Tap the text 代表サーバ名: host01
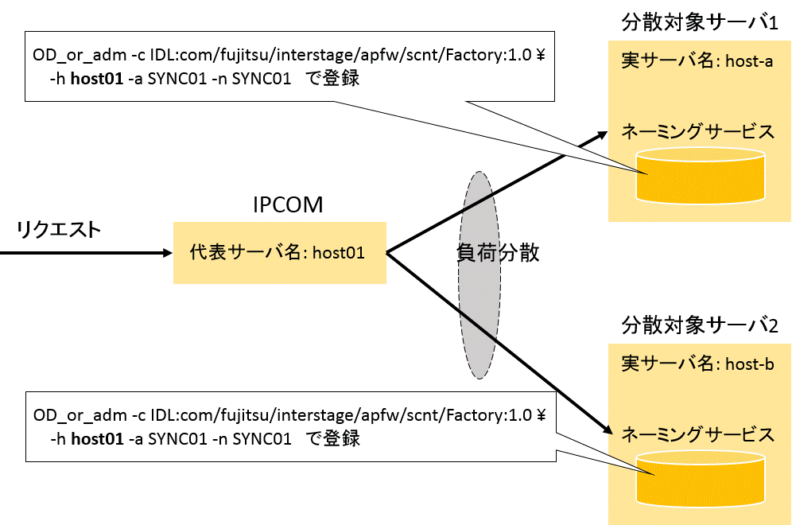pos(278,253)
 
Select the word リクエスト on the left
pos(59,230)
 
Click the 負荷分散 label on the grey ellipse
pos(498,253)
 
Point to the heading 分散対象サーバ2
pos(699,325)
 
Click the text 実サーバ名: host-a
pos(697,62)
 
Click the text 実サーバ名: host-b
pos(697,364)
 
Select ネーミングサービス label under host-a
pos(697,132)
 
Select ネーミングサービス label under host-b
pos(697,434)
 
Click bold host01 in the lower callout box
pos(97,438)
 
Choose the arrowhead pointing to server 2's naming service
pos(608,431)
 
